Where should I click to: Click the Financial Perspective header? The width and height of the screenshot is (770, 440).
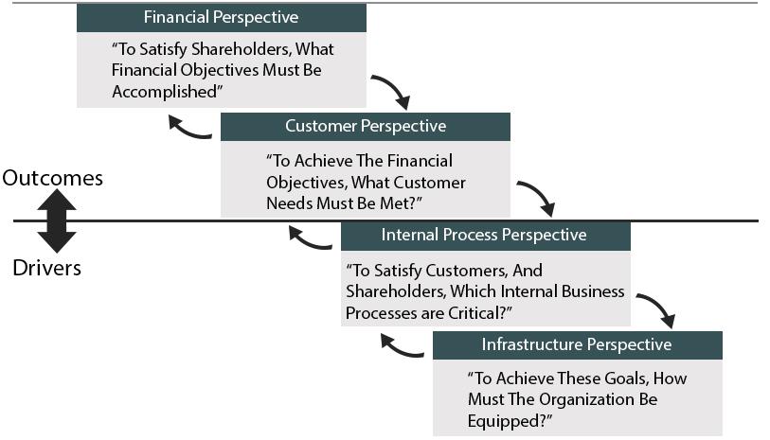click(220, 17)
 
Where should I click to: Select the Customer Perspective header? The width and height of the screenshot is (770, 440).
click(365, 126)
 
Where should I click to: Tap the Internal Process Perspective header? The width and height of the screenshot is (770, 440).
click(484, 235)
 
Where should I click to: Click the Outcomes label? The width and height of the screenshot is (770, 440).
click(52, 178)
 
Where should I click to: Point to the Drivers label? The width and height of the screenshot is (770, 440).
click(47, 268)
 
